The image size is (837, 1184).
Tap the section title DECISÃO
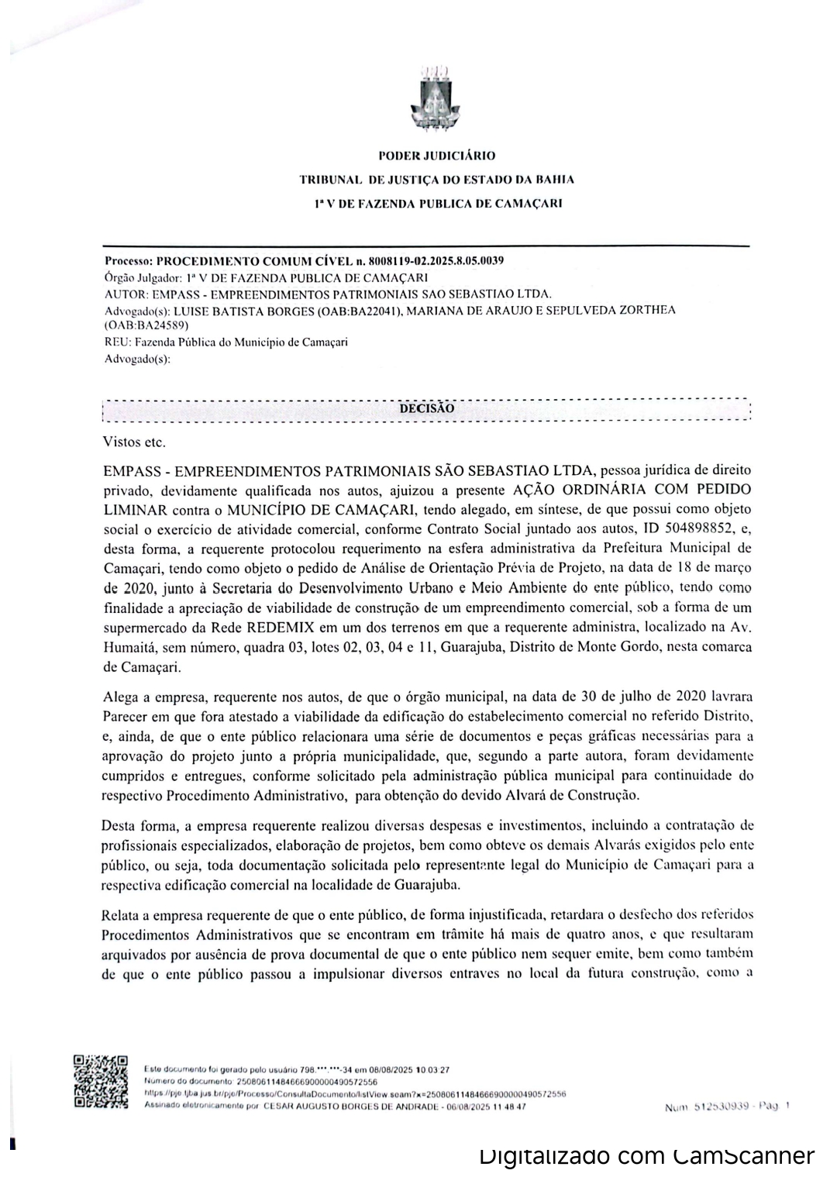(x=426, y=408)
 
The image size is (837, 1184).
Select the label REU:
(x=115, y=342)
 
